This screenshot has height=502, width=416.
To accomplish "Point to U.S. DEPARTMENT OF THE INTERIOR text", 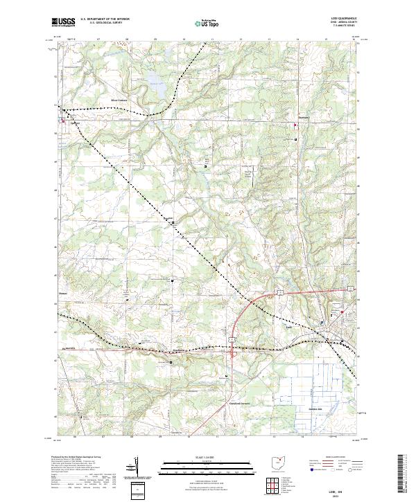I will click(105, 19).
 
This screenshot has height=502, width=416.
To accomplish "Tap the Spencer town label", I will click(74, 123).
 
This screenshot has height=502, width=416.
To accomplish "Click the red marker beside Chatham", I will click(296, 125).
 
